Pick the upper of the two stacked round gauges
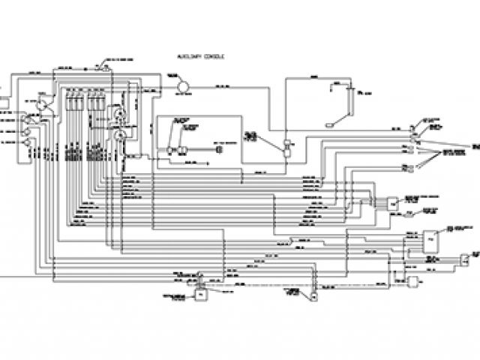click(119, 114)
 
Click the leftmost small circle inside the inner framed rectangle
click(172, 150)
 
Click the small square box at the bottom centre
click(200, 295)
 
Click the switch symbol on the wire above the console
click(105, 68)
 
